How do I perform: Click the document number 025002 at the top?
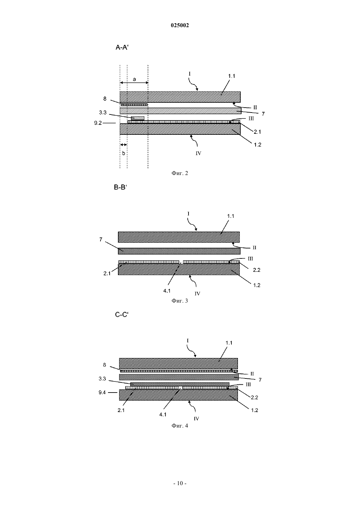180,26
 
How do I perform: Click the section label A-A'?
122,47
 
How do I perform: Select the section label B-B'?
120,187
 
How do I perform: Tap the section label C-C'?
122,315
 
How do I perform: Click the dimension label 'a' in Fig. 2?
134,79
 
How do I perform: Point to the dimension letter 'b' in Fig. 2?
124,153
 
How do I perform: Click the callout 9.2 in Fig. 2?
98,123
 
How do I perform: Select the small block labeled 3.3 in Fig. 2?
138,118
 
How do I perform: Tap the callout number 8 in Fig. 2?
105,98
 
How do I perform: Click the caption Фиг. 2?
180,173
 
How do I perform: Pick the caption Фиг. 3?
180,301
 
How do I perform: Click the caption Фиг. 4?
180,426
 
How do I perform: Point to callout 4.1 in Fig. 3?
167,291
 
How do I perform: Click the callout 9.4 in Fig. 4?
102,393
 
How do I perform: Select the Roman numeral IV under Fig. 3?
197,293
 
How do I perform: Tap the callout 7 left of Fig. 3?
101,239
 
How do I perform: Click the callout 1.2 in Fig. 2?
258,145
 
